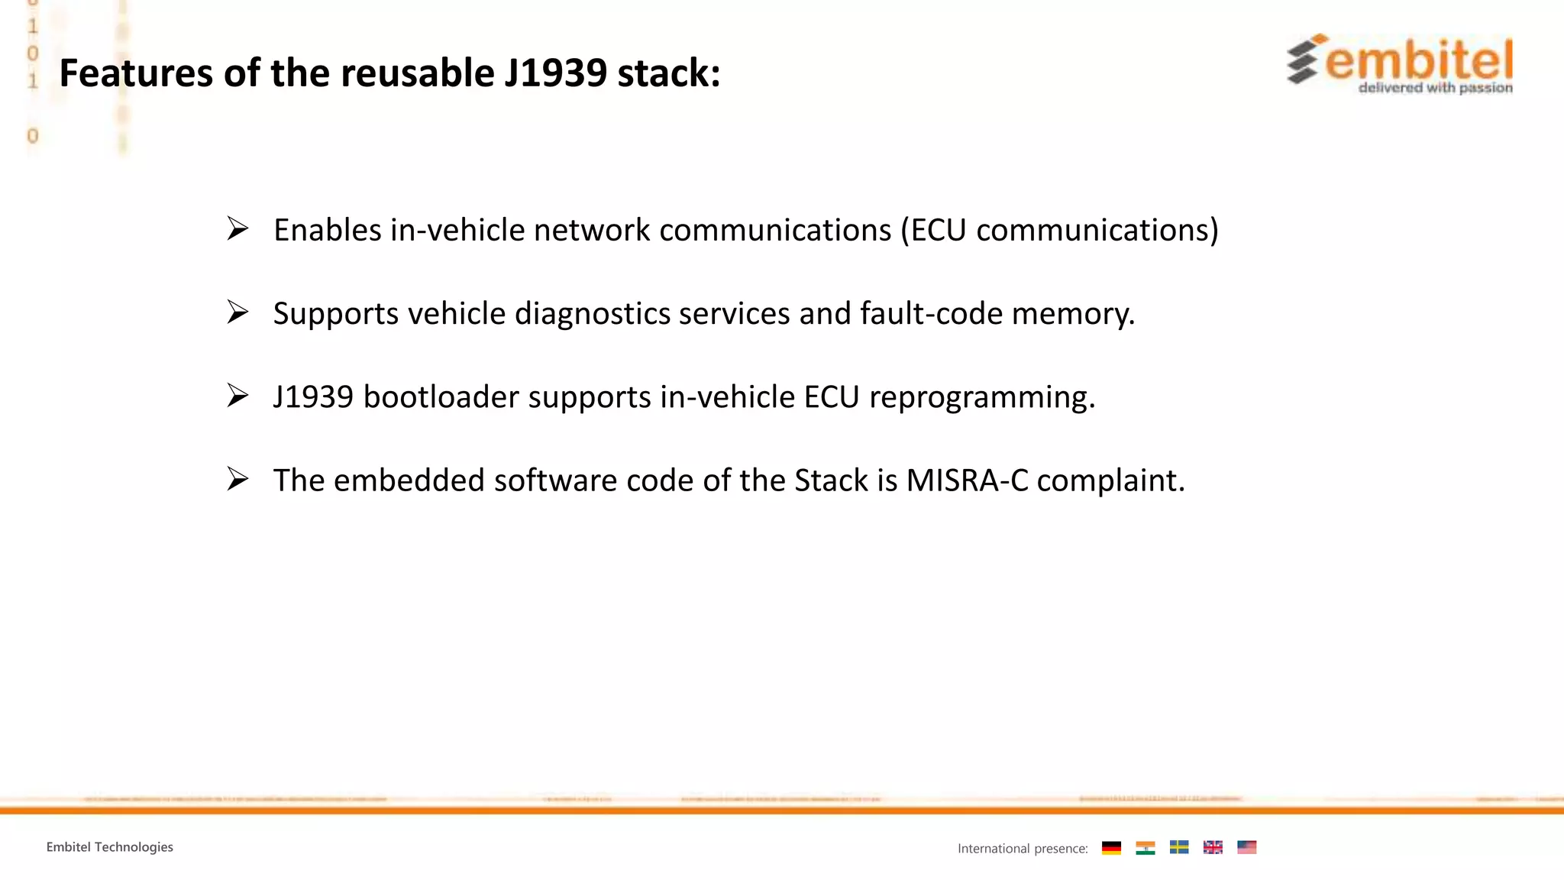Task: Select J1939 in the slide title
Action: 555,73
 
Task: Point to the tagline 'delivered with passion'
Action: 1435,88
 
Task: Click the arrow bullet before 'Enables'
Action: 238,229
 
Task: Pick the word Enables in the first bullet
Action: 327,230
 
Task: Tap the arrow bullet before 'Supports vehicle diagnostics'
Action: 238,312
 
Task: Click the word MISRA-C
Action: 967,480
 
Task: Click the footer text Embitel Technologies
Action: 110,846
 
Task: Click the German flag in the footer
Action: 1111,847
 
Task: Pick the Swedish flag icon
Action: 1178,847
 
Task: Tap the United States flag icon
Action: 1246,847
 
